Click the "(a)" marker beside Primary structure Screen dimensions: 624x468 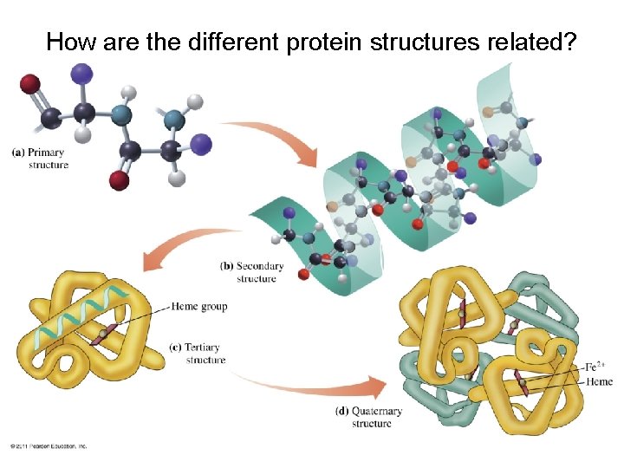point(17,153)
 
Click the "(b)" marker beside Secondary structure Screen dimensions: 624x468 point(226,266)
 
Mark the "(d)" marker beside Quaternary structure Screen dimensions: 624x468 point(342,412)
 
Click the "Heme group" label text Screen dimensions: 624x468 point(200,306)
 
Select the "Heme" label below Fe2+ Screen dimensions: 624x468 point(599,382)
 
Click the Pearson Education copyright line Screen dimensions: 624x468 point(49,445)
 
